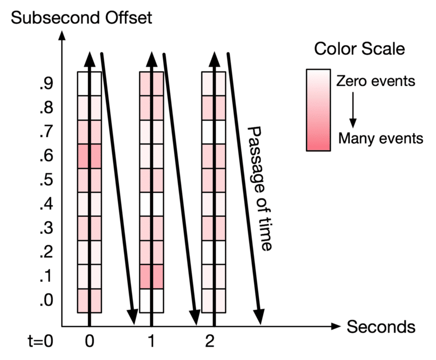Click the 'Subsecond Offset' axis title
[81, 18]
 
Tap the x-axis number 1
[152, 343]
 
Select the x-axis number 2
[209, 343]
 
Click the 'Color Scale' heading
[359, 48]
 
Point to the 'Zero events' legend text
[376, 80]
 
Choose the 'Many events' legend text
[381, 139]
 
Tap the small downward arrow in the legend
[353, 110]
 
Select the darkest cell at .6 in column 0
[90, 156]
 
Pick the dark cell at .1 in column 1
[152, 277]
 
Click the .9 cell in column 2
[214, 83]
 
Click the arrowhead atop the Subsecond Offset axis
[62, 35]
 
